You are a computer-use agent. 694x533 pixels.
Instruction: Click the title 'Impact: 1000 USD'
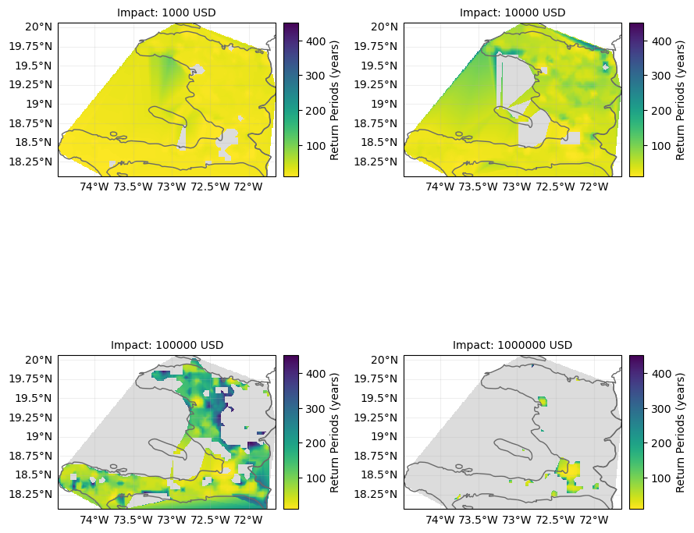166,12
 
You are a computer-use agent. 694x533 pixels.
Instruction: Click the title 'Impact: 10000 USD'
512,12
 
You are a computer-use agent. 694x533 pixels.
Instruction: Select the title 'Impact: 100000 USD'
166,345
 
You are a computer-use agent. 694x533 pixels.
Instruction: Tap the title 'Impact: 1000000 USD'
512,345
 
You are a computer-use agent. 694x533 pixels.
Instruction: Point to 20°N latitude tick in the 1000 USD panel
39,27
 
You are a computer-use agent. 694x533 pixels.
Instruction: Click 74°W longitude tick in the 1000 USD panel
94,187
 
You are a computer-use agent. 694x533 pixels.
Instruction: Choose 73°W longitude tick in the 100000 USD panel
171,520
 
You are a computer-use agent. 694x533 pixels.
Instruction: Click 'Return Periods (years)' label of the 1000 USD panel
335,99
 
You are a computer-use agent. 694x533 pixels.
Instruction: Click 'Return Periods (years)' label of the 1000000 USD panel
681,432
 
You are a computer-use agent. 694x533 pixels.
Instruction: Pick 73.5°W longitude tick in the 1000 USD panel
132,187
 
